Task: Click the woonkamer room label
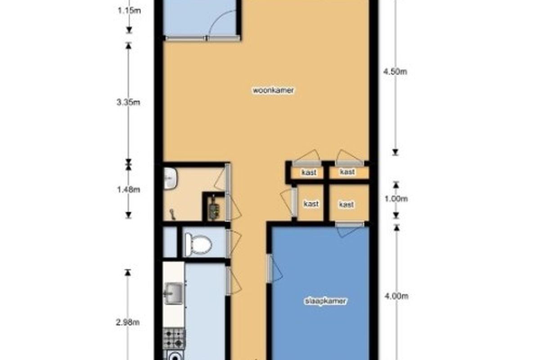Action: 273,90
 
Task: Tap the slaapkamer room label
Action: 325,301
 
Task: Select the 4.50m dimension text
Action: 395,72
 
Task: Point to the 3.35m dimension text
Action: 128,103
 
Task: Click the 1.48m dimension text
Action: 129,190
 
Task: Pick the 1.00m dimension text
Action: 396,199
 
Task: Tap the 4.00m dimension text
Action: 396,296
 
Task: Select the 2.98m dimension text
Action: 128,322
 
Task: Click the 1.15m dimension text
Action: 129,11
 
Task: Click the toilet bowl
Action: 198,245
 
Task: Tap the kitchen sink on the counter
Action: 174,293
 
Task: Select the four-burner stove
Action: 174,338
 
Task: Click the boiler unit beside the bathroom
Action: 213,207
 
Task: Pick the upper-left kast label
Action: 309,173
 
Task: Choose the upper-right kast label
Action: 347,172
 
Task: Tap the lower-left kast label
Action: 311,204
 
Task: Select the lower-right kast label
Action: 346,204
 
